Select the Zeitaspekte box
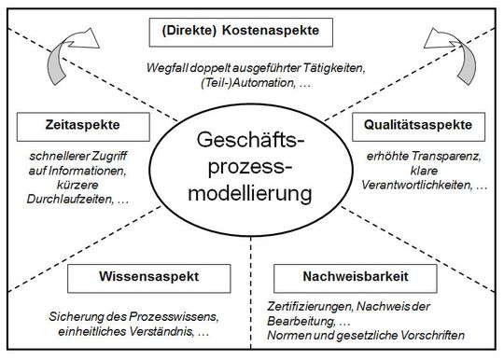click(x=71, y=125)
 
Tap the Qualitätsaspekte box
click(x=419, y=125)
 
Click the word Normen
click(x=301, y=335)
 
